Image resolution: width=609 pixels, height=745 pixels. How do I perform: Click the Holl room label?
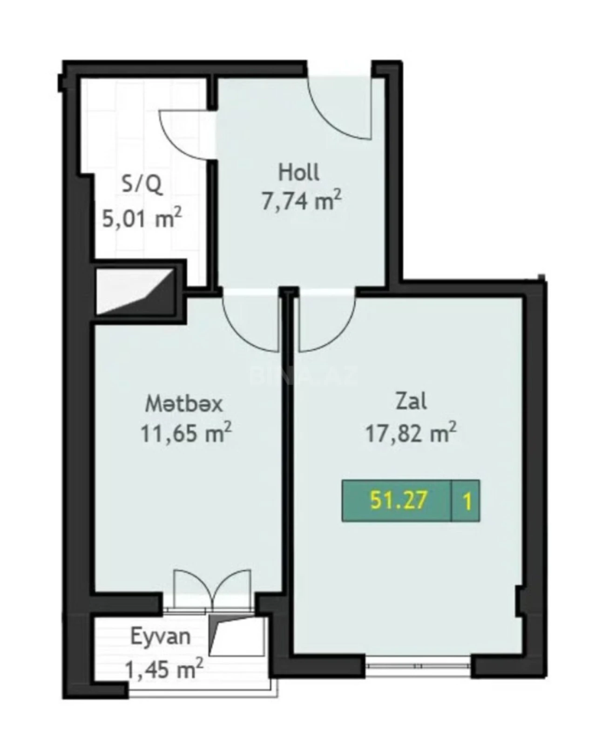[x=298, y=172]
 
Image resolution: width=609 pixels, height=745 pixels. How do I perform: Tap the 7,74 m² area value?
[x=301, y=202]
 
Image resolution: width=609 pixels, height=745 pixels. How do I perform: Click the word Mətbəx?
[x=184, y=404]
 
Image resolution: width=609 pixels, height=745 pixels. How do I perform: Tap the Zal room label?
[x=411, y=401]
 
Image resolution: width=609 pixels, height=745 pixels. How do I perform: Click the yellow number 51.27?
[x=398, y=501]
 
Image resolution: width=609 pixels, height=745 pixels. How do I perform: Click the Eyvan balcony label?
[x=161, y=636]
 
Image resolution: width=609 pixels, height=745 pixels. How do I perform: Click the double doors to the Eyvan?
[x=213, y=589]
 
